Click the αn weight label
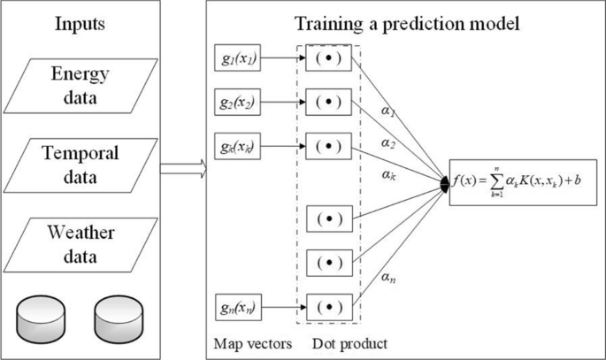click(x=387, y=277)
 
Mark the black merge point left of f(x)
click(x=446, y=184)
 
